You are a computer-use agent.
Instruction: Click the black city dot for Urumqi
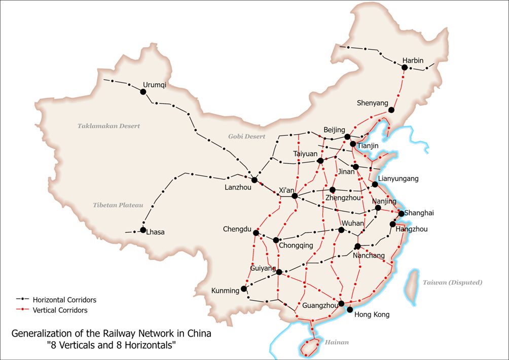(143, 92)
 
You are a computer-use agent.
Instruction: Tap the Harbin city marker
(405, 67)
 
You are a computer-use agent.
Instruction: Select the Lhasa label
(155, 232)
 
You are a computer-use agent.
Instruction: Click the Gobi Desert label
(246, 136)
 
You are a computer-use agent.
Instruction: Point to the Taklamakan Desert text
(108, 126)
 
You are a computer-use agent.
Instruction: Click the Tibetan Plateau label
(118, 205)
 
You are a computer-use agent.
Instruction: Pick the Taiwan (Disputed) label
(453, 282)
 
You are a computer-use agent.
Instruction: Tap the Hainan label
(337, 342)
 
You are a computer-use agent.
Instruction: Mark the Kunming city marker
(244, 289)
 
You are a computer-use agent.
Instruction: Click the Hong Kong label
(372, 314)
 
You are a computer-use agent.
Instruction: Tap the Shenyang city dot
(391, 110)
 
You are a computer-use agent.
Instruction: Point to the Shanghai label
(419, 212)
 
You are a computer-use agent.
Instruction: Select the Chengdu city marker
(256, 233)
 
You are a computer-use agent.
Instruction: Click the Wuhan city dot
(341, 230)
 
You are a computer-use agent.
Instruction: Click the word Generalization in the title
(41, 334)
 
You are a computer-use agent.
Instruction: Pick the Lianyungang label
(398, 178)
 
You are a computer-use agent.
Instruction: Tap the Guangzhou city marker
(342, 303)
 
